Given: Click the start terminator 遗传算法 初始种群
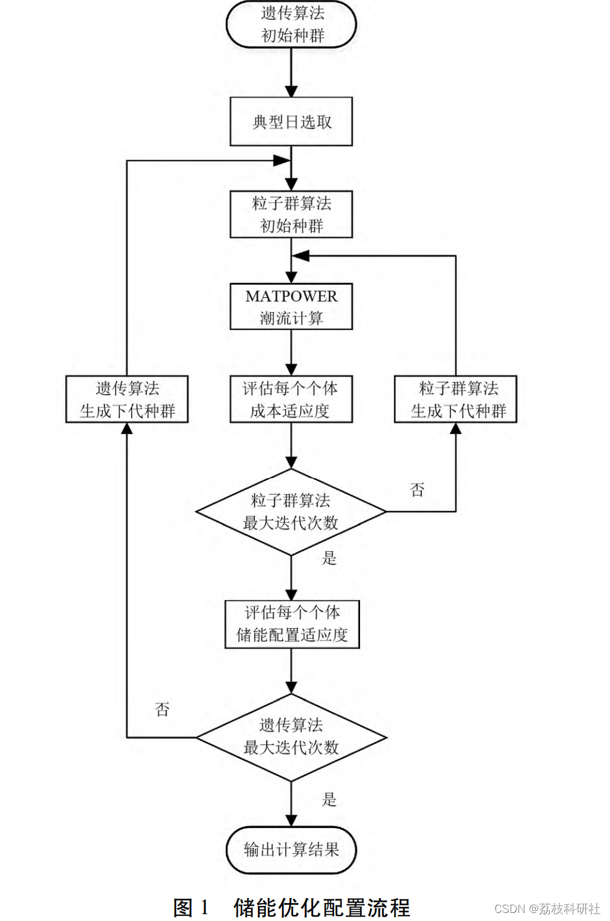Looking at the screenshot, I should (x=291, y=24).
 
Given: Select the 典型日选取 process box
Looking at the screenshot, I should (x=291, y=121).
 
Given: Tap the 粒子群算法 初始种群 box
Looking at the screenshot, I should (x=291, y=214).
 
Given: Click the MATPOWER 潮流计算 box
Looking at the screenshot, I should (x=291, y=307).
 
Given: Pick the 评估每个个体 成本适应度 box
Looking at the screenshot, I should (x=291, y=399).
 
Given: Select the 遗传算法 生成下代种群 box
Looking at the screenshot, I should (x=127, y=399).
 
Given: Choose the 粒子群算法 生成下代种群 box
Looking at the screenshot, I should (x=456, y=399).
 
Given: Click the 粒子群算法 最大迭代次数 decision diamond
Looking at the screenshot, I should (x=291, y=512).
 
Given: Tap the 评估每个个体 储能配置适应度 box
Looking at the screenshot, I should (x=292, y=624).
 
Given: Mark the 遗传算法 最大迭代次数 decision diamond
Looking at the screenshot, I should (x=291, y=737).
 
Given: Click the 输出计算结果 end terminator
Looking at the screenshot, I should (x=291, y=850).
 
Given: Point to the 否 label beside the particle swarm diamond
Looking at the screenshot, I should (x=418, y=490).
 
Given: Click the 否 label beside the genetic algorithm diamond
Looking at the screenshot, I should (x=162, y=709).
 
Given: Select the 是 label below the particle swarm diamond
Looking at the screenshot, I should (x=329, y=558).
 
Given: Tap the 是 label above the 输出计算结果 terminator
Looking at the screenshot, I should (x=329, y=799).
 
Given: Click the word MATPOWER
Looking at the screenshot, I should (x=291, y=297).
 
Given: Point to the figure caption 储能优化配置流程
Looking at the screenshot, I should (x=322, y=908).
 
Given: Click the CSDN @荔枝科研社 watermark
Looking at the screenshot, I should (x=547, y=909).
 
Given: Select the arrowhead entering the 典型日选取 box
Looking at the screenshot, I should (x=291, y=91).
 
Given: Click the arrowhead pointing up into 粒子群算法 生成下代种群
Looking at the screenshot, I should (x=456, y=429).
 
